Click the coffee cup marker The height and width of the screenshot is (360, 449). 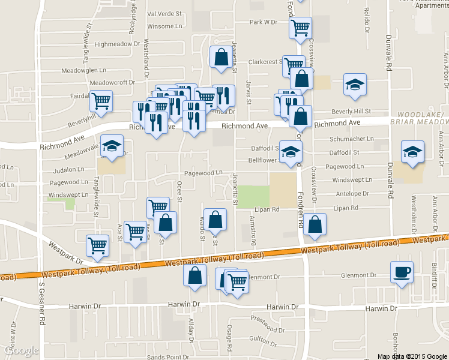click(401, 272)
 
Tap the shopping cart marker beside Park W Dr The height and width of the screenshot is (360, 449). click(300, 27)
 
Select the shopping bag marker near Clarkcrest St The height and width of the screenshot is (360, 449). click(220, 57)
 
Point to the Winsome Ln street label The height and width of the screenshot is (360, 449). click(164, 26)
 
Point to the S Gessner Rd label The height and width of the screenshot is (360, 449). click(42, 312)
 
